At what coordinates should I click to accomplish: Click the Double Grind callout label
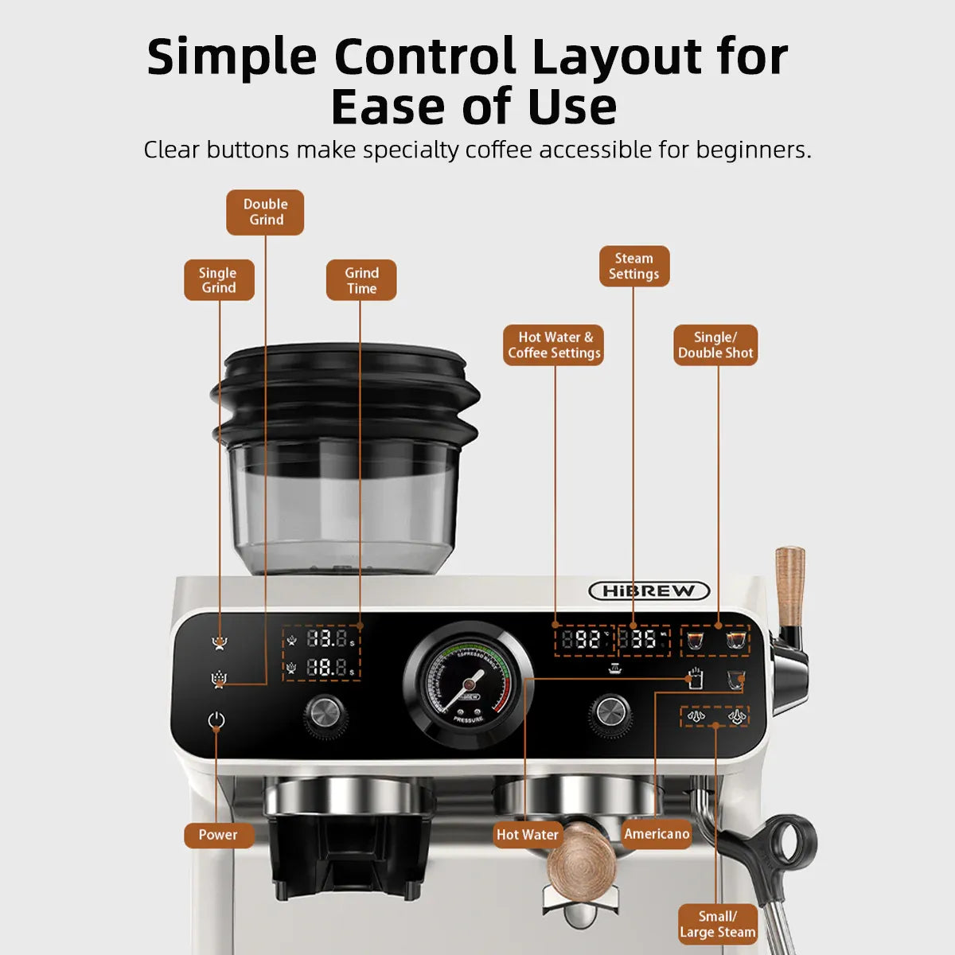(265, 212)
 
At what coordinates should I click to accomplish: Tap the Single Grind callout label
(219, 280)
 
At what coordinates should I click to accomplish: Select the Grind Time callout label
(361, 280)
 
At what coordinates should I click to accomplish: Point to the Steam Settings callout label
(633, 266)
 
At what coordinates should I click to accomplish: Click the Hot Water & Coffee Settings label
(554, 345)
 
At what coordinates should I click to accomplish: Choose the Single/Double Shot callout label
(715, 345)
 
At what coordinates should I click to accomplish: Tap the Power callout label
(218, 835)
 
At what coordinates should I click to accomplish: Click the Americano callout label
(657, 834)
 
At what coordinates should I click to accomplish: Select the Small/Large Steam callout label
(717, 925)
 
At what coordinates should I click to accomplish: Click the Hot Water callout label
(528, 835)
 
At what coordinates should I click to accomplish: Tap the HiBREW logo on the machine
(649, 591)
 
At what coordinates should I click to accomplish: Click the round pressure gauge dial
(468, 684)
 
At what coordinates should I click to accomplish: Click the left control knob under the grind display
(325, 713)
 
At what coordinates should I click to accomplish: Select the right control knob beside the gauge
(610, 711)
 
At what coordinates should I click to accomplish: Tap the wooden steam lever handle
(789, 585)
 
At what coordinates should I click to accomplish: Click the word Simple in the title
(232, 57)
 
